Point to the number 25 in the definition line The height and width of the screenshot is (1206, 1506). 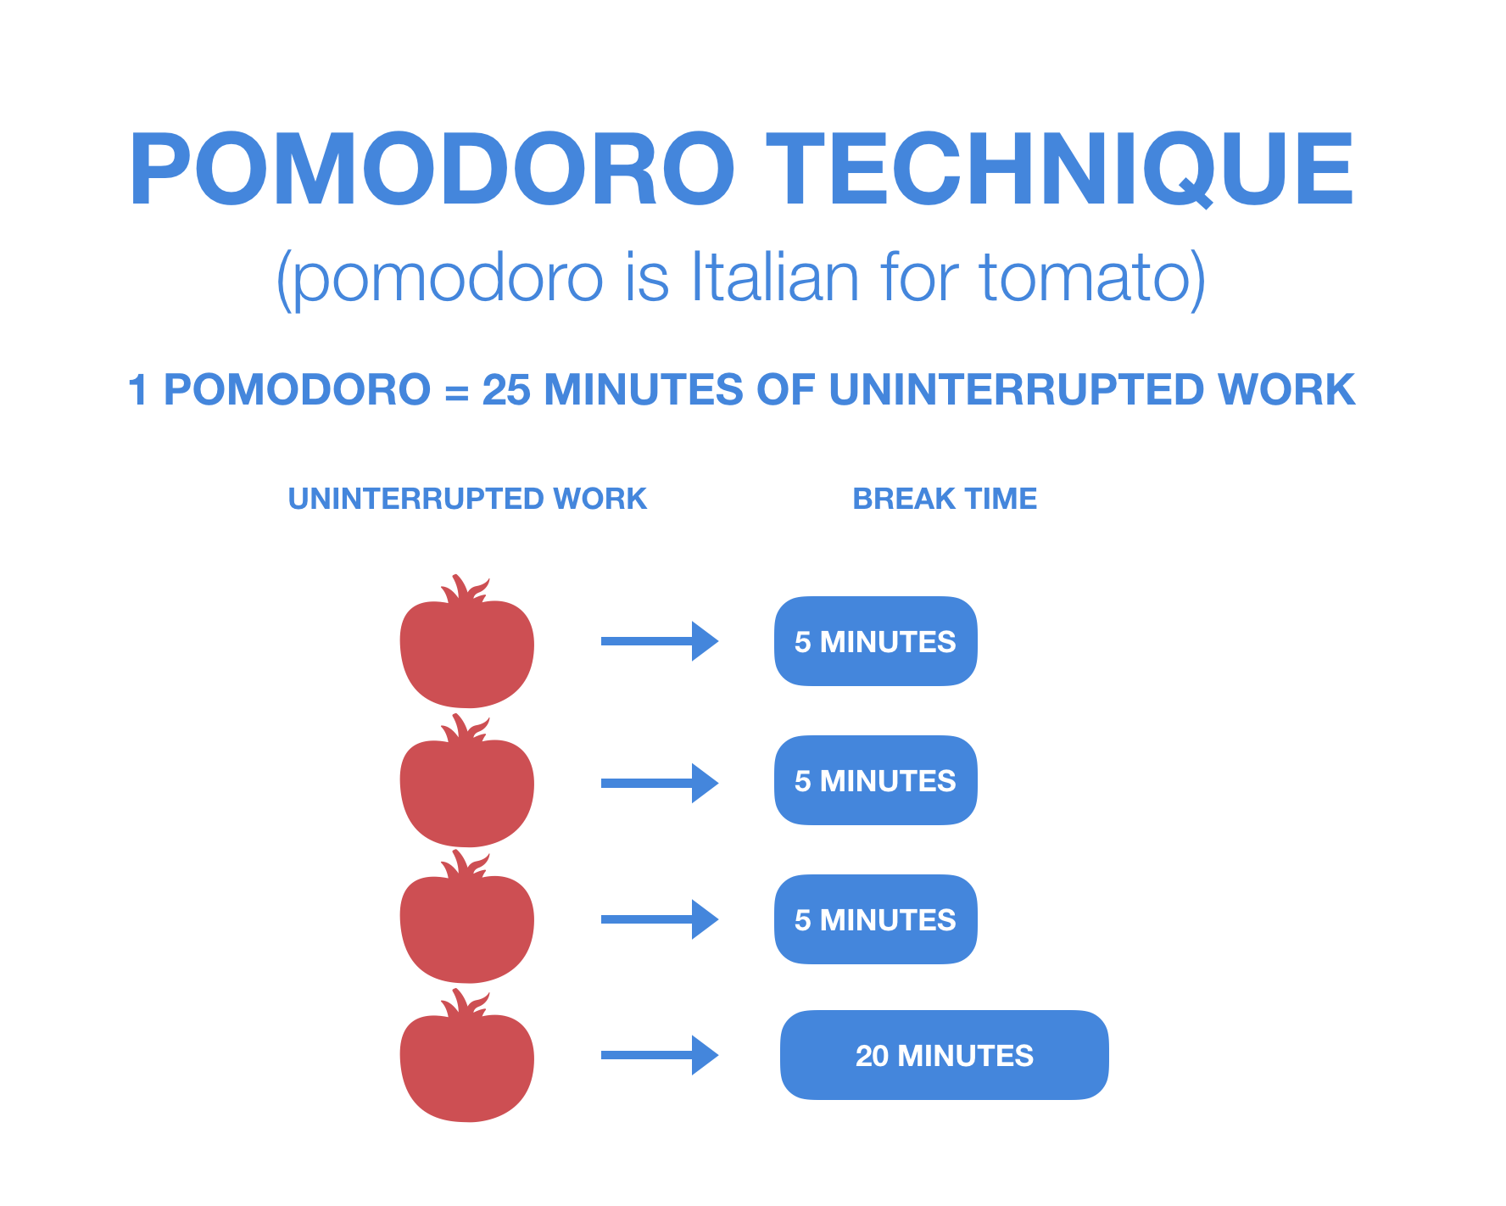(505, 390)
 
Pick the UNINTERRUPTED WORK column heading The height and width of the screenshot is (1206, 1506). (467, 499)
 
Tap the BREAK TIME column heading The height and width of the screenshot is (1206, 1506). (945, 499)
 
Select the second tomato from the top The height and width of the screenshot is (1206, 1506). (467, 784)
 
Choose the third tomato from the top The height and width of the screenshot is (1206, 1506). (467, 919)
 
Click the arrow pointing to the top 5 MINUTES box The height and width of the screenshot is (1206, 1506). (660, 641)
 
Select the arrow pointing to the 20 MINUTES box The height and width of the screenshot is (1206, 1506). (660, 1055)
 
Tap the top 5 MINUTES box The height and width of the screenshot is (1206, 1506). (876, 641)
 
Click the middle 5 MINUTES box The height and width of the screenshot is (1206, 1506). (876, 780)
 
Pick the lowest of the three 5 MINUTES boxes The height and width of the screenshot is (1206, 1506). (876, 919)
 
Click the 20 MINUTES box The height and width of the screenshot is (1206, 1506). (945, 1055)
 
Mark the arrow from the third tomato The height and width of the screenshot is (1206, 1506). (660, 919)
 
